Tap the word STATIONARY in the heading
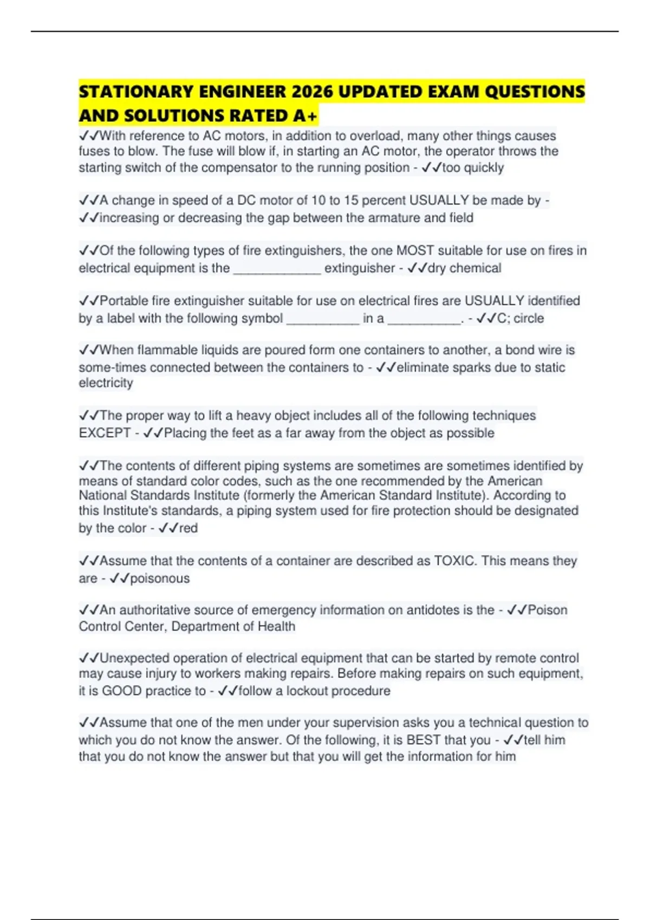tap(135, 92)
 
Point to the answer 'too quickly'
tap(473, 168)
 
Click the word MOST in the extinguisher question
tap(415, 251)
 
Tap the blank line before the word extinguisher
tap(277, 269)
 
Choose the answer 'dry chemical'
tap(464, 268)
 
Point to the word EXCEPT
tap(105, 433)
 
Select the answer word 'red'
tap(188, 528)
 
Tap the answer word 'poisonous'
tap(160, 579)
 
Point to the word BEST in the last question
tap(423, 740)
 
